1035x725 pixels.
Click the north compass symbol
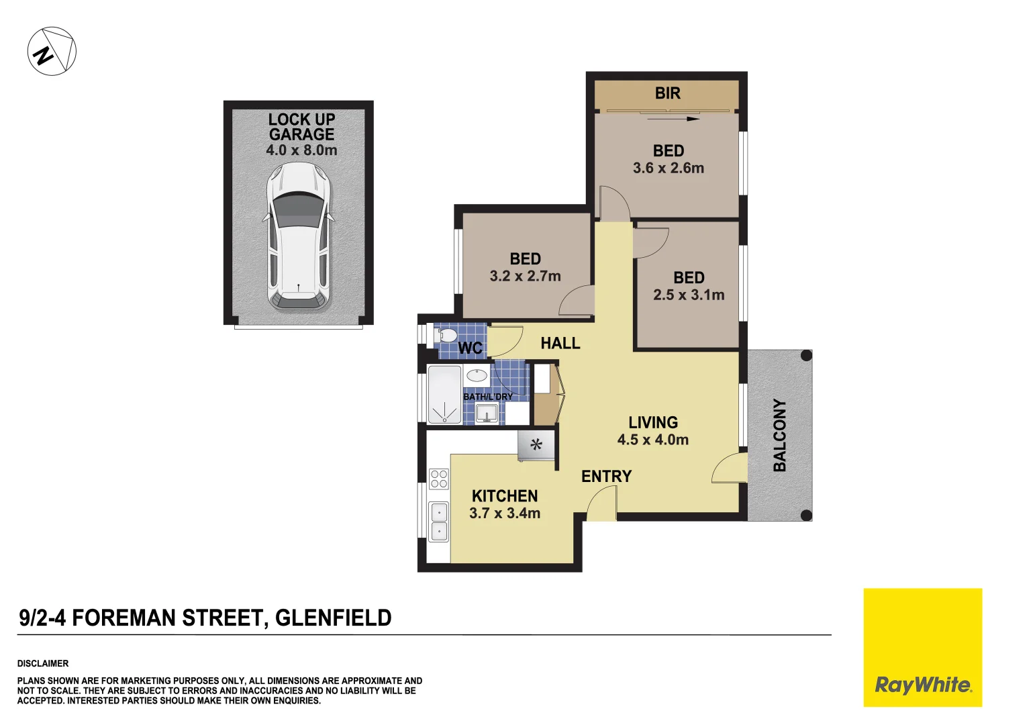click(52, 51)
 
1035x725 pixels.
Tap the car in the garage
click(299, 236)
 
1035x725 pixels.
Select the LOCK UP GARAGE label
click(301, 127)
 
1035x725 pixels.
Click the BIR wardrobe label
click(667, 93)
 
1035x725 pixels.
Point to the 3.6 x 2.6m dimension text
click(669, 168)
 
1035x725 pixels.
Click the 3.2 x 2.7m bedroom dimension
click(525, 276)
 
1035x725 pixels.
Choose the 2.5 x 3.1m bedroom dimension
click(689, 295)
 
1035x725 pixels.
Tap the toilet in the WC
click(447, 334)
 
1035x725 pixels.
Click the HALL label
click(560, 343)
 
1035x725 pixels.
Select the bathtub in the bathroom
click(444, 395)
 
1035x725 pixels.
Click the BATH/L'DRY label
click(488, 397)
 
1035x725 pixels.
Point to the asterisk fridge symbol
click(536, 444)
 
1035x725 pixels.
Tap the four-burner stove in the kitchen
click(439, 479)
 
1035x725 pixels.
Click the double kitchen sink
click(439, 522)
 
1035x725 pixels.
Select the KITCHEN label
click(505, 496)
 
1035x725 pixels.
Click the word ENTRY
click(606, 476)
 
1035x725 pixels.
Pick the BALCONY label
click(779, 435)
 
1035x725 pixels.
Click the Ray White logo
click(922, 685)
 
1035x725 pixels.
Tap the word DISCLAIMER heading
click(43, 663)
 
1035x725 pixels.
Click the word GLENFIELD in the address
click(333, 618)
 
